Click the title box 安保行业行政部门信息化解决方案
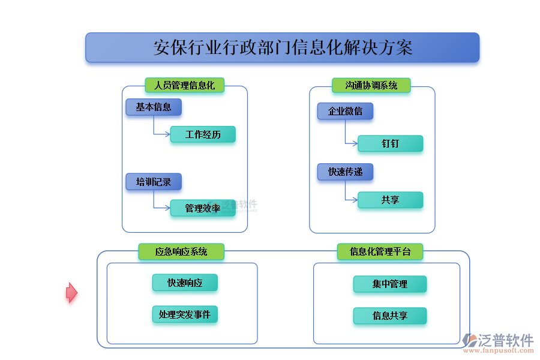tap(283, 47)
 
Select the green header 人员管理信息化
tap(185, 85)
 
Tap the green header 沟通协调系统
tap(371, 85)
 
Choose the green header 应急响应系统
tap(181, 251)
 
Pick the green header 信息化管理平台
tap(380, 251)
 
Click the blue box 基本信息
tap(154, 107)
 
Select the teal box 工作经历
tap(203, 134)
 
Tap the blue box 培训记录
tap(154, 182)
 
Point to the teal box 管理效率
tap(203, 208)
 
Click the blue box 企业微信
tap(345, 111)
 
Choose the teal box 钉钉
tap(390, 143)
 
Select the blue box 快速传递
tap(345, 172)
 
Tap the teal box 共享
tap(390, 200)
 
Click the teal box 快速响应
tap(185, 283)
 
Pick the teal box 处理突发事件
tap(185, 314)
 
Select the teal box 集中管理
tap(390, 284)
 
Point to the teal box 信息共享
tap(390, 316)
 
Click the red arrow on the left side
tap(71, 293)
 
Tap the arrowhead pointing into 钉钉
tap(355, 143)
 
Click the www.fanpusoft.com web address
tap(499, 350)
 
